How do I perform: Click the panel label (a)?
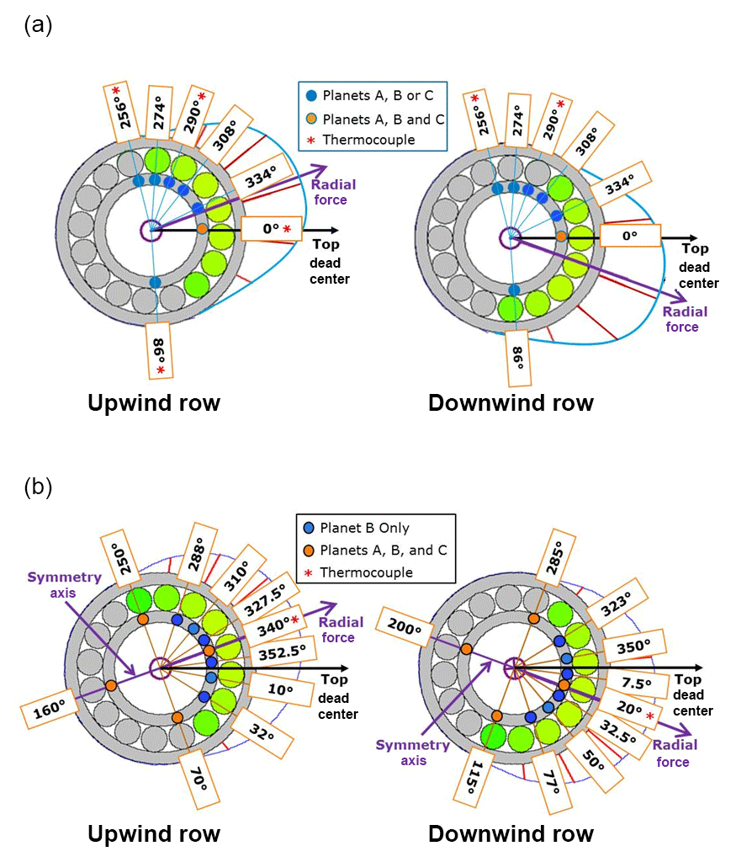38,25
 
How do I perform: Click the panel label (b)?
38,487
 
